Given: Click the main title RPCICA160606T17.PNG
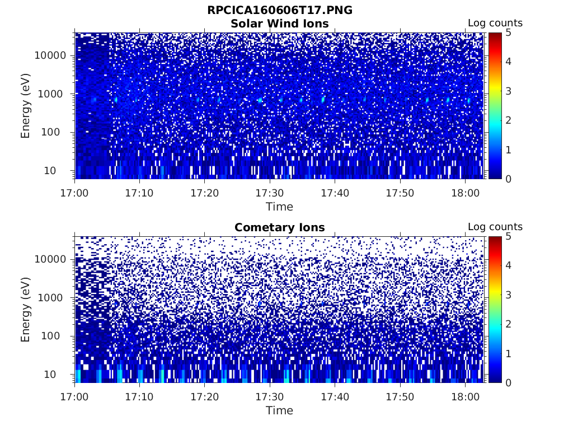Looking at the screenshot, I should point(279,11).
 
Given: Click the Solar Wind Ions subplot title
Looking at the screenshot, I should point(279,24).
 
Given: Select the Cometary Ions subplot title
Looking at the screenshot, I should point(279,227).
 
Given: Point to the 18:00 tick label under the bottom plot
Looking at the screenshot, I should point(465,397).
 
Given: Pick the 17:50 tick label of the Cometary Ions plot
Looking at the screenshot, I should point(400,397).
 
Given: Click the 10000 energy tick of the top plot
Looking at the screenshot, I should point(51,55).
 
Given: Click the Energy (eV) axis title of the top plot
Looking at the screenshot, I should point(26,105).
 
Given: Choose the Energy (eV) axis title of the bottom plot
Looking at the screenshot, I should point(26,309).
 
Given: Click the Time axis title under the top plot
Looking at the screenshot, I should point(279,207).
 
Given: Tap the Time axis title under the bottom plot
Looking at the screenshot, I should point(279,410).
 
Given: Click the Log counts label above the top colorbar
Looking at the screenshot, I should point(495,24).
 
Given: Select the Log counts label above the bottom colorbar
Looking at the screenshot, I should point(495,227).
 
